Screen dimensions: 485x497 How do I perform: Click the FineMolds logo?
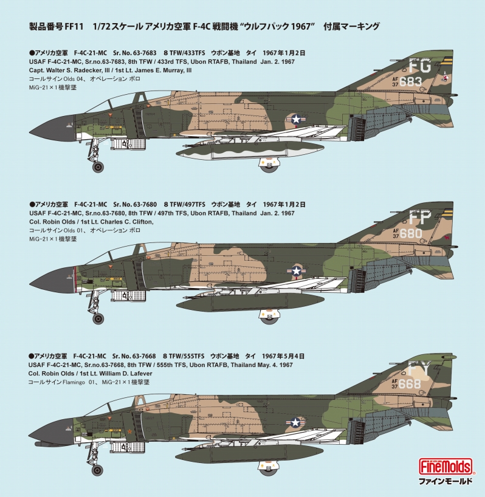445,467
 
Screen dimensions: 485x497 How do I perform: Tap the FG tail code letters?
420,66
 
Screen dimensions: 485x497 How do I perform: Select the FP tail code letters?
420,218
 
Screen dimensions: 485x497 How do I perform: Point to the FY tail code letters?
419,369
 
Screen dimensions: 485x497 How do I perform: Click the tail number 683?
410,82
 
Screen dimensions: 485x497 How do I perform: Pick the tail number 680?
411,233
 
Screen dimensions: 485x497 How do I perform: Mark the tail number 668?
410,384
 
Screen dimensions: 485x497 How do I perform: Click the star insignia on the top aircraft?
296,119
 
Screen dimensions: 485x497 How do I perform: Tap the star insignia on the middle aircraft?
297,271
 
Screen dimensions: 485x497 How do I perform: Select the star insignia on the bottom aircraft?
295,422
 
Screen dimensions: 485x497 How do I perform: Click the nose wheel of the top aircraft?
98,166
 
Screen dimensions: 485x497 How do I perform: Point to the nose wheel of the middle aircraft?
98,318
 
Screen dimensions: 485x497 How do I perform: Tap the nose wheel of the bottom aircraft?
97,470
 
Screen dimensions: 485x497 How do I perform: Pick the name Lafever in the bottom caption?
139,374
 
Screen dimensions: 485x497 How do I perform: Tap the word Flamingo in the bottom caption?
74,382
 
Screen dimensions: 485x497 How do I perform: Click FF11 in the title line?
74,27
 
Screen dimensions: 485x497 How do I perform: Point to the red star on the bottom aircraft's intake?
129,431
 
